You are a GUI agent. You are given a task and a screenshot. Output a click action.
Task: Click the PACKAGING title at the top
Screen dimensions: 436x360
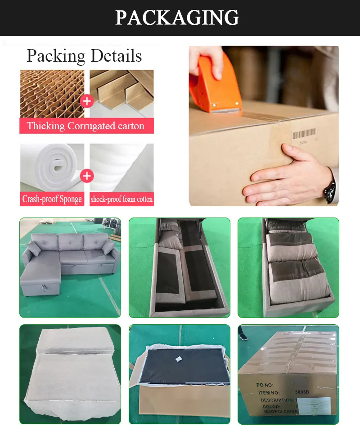177,18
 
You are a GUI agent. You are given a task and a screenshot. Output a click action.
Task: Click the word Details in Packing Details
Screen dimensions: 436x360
116,56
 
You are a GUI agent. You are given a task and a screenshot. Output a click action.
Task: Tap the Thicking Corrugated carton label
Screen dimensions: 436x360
86,126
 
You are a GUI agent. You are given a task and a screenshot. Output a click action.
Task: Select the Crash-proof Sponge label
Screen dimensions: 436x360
52,199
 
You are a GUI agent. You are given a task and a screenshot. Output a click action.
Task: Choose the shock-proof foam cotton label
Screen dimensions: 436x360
121,199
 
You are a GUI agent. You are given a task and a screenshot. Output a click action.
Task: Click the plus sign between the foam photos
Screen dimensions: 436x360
87,175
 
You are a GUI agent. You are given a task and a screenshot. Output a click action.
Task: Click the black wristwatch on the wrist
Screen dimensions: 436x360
330,189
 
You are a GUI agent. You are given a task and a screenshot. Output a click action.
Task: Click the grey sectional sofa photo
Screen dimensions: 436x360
70,268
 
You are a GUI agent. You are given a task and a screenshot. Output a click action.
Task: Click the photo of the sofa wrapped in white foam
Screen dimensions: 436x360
70,374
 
